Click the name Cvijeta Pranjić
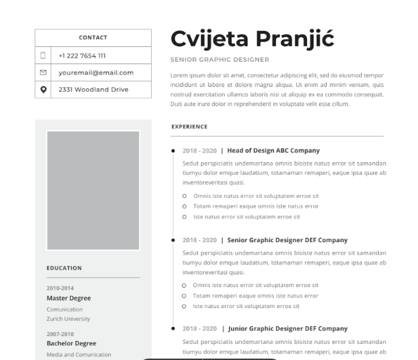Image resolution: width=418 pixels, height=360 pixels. pos(252,39)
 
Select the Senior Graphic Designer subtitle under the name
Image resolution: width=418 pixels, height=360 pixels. pos(219,60)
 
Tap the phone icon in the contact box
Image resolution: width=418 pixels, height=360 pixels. pos(44,55)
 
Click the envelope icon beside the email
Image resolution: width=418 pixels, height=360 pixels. pos(44,72)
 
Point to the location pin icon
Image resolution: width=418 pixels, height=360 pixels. pos(44,89)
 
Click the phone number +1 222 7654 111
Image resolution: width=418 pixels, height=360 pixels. pos(82,55)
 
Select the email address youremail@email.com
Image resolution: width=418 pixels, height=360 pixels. pos(96,72)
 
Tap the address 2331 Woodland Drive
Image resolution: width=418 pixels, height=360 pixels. pos(93,89)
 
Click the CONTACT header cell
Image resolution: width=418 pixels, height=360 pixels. pos(93,38)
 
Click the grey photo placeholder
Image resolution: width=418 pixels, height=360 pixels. pos(93,190)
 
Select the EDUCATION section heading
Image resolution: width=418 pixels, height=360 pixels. pos(64,268)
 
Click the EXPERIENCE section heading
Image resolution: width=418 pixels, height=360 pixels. pos(189,127)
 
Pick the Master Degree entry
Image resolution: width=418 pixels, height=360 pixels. pos(68,298)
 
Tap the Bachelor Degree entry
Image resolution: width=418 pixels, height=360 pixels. pos(71,344)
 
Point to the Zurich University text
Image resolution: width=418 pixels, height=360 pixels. pos(68,319)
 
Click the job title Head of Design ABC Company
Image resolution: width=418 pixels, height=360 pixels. pos(273,150)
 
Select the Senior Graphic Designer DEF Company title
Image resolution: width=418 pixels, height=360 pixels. pos(287,240)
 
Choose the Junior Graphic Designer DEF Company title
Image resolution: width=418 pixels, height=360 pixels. pos(287,328)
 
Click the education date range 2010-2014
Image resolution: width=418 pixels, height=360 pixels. pos(60,288)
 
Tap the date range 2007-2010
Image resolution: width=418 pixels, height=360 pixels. pos(60,334)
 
